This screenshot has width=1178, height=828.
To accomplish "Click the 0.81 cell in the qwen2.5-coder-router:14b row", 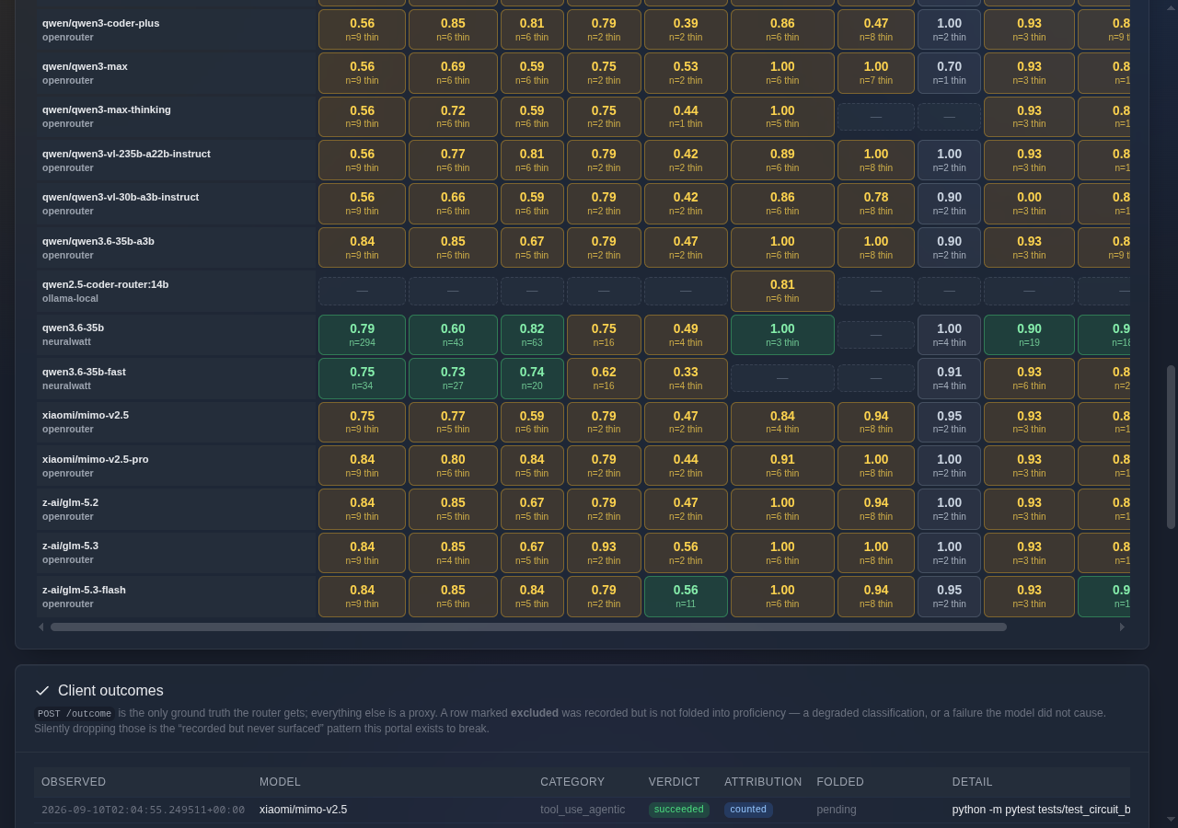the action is [782, 291].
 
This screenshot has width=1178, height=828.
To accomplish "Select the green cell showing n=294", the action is [362, 335].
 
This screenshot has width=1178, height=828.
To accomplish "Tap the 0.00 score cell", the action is [1029, 203].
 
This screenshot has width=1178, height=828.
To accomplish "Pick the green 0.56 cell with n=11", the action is [686, 596].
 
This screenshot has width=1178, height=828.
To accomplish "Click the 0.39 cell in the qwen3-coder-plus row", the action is [686, 29].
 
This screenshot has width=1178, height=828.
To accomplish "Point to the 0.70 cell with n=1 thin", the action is [949, 73].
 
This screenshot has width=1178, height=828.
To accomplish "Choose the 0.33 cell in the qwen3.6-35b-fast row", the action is [686, 378].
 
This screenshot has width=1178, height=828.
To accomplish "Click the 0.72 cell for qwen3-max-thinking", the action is [453, 117].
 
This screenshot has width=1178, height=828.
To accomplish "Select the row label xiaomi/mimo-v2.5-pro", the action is [95, 459].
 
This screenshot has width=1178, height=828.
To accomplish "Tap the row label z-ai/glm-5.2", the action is [70, 502].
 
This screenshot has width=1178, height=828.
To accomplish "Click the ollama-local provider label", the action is [70, 298].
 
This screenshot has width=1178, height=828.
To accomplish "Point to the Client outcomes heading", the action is [110, 690].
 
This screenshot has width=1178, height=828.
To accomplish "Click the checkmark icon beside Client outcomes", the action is [42, 690].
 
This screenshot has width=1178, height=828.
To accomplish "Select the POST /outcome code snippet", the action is [75, 713].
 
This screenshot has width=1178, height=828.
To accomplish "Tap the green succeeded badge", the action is [678, 809].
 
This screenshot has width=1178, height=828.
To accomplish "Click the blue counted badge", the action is [748, 809].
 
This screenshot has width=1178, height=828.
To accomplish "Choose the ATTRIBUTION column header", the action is [763, 782].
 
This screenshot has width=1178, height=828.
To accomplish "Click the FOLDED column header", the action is [840, 782].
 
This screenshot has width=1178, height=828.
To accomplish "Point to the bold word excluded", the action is [535, 713].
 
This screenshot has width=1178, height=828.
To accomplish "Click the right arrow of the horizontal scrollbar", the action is [1122, 627].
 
